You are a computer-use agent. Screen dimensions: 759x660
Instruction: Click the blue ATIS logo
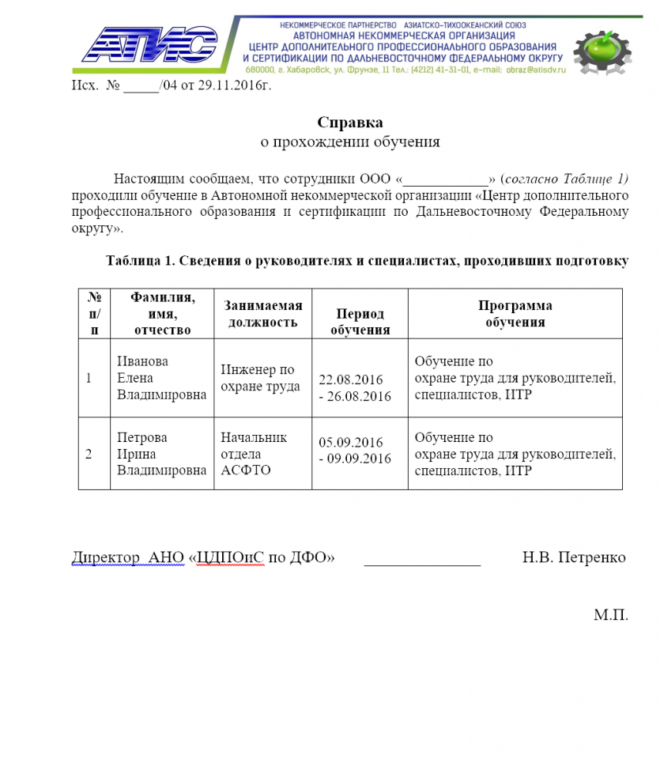coord(149,46)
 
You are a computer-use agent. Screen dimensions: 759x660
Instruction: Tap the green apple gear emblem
coord(602,49)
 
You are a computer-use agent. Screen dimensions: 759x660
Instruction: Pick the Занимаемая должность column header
coord(262,314)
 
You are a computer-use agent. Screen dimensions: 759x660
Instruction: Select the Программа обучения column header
coord(515,314)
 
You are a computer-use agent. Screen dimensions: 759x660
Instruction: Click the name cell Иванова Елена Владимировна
coord(161,377)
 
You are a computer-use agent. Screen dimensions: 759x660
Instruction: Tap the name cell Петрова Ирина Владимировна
coord(161,454)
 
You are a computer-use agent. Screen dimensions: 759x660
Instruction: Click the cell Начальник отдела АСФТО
coord(254,454)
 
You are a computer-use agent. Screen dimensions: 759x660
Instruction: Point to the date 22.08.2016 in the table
coord(350,380)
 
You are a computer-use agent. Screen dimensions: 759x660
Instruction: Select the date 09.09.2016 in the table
coord(356,459)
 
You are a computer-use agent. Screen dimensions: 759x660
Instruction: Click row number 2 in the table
coord(89,454)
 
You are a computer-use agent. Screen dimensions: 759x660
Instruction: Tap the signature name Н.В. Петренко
coord(574,557)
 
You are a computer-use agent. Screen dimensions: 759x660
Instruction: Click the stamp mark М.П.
coord(611,614)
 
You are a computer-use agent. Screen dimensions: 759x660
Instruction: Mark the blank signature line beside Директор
coord(422,563)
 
